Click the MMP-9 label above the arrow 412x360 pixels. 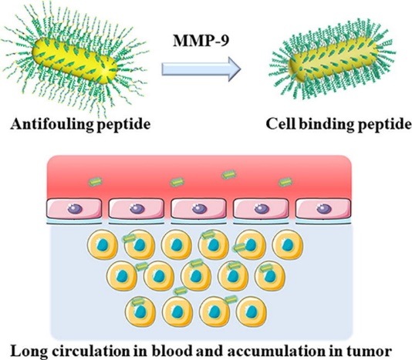(201, 41)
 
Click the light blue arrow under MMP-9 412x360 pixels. (201, 69)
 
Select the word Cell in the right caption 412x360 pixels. (281, 123)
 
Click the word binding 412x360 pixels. (326, 124)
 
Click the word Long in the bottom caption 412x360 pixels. (29, 352)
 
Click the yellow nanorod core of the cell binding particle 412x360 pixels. (333, 59)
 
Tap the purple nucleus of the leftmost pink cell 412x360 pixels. (75, 209)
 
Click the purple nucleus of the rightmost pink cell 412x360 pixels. (324, 209)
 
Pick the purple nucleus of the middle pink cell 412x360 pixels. (199, 209)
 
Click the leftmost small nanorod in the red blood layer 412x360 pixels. (95, 181)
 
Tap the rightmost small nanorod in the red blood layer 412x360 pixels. (285, 182)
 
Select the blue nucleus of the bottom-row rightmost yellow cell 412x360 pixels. (252, 311)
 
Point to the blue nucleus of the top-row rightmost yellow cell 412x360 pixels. (288, 244)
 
